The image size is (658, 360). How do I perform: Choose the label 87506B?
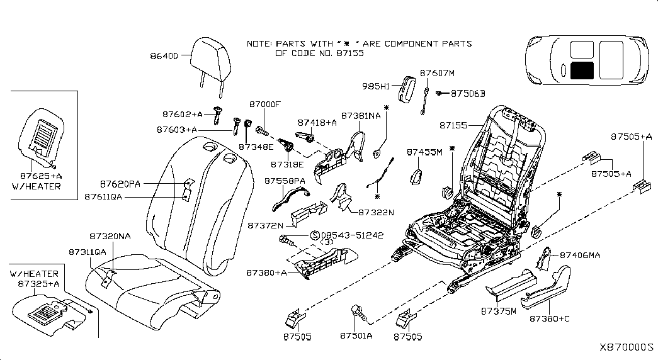point(468,94)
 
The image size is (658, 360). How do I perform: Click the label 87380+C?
point(549,319)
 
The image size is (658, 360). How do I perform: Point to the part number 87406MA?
point(580,255)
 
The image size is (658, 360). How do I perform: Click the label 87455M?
point(425,152)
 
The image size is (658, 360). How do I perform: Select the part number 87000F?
point(264,104)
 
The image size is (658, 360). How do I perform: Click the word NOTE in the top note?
point(258,44)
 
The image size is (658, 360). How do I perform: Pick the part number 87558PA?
point(285,181)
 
